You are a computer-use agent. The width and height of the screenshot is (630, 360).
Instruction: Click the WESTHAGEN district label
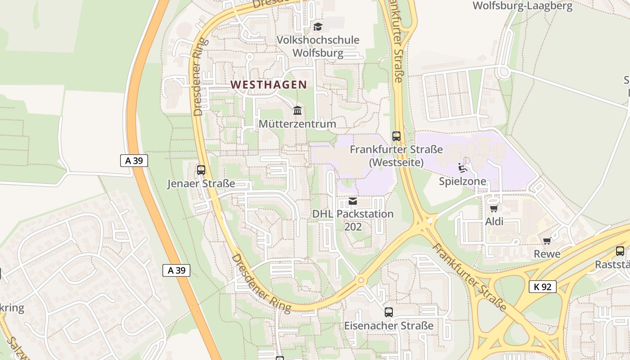coord(269,84)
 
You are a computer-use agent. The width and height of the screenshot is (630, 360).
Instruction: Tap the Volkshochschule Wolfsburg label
coord(318,46)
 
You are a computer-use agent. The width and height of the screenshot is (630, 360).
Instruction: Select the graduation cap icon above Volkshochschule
coord(318,27)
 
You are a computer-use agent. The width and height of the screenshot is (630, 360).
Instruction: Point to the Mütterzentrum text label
coord(297,124)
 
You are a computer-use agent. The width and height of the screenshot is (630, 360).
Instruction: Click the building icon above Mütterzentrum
coord(297,110)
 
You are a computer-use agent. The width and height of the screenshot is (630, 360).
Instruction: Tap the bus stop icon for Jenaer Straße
coord(201,170)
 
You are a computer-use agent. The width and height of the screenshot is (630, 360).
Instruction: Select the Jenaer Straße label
coord(201,184)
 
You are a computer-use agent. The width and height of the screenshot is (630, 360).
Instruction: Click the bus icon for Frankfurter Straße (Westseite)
coord(396,136)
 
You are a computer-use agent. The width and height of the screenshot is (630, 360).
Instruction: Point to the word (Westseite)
coord(396,162)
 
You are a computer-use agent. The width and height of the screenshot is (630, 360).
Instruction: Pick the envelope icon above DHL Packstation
coord(353,201)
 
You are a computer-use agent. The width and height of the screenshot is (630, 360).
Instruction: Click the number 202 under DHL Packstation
coord(353,227)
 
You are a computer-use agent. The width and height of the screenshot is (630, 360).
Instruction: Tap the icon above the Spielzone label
coord(462,168)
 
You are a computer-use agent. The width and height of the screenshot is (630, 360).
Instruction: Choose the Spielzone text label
coord(463,181)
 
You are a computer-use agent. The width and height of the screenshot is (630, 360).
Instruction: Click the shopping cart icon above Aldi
coord(494,208)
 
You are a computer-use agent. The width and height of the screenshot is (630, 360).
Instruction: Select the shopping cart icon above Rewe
coord(547,241)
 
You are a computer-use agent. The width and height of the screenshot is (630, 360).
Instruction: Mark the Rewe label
coord(547,254)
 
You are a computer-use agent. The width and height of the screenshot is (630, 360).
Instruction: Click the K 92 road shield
coord(543,287)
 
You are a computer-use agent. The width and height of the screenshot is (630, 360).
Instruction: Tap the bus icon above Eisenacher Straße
coord(389,312)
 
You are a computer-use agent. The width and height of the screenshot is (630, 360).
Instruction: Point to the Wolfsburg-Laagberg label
coord(522,6)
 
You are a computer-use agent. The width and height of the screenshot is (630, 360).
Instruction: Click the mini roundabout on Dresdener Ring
coord(361,280)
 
